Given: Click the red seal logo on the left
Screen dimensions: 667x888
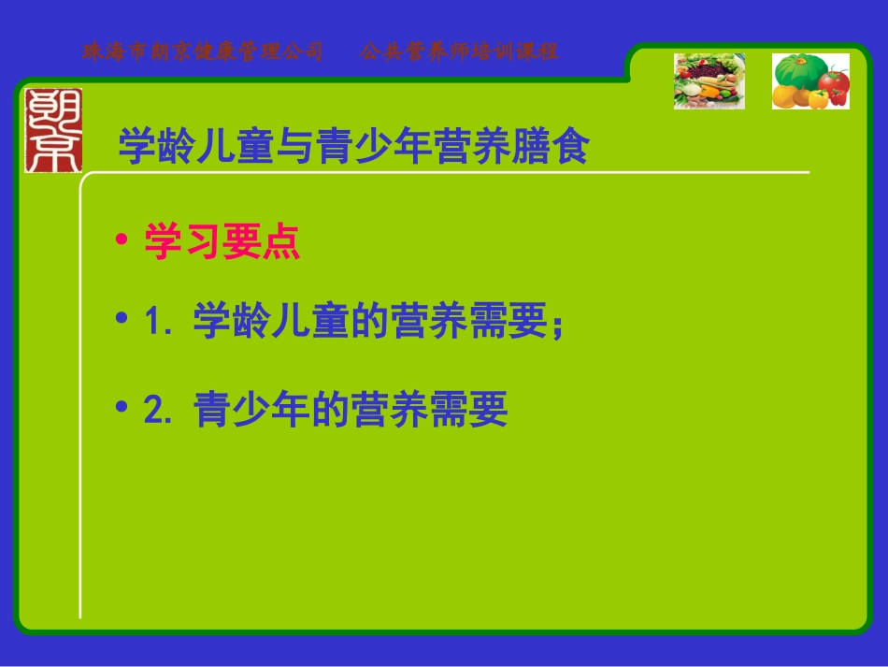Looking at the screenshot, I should point(53,130).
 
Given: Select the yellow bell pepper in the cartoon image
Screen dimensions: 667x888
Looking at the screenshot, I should point(818,97).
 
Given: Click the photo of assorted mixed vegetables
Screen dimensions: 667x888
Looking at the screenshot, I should point(709,80).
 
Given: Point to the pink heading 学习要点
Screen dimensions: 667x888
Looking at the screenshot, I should point(222,242).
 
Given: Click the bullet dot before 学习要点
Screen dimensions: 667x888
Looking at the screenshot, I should point(121,241).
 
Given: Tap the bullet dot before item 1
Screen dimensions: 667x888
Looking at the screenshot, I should point(121,319).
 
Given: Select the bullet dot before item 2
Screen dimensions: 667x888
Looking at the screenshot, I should point(121,408).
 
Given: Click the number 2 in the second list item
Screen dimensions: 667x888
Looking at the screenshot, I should point(154,411).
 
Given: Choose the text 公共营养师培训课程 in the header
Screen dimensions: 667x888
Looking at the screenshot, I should point(459,51).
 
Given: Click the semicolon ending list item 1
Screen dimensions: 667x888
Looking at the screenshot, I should point(557,327).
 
